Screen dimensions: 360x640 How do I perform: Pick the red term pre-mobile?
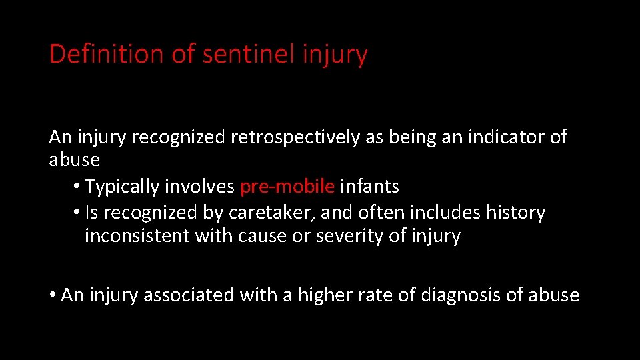pyautogui.click(x=287, y=187)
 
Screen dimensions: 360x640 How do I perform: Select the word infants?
pyautogui.click(x=369, y=187)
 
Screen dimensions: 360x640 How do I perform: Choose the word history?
pyautogui.click(x=515, y=213)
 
